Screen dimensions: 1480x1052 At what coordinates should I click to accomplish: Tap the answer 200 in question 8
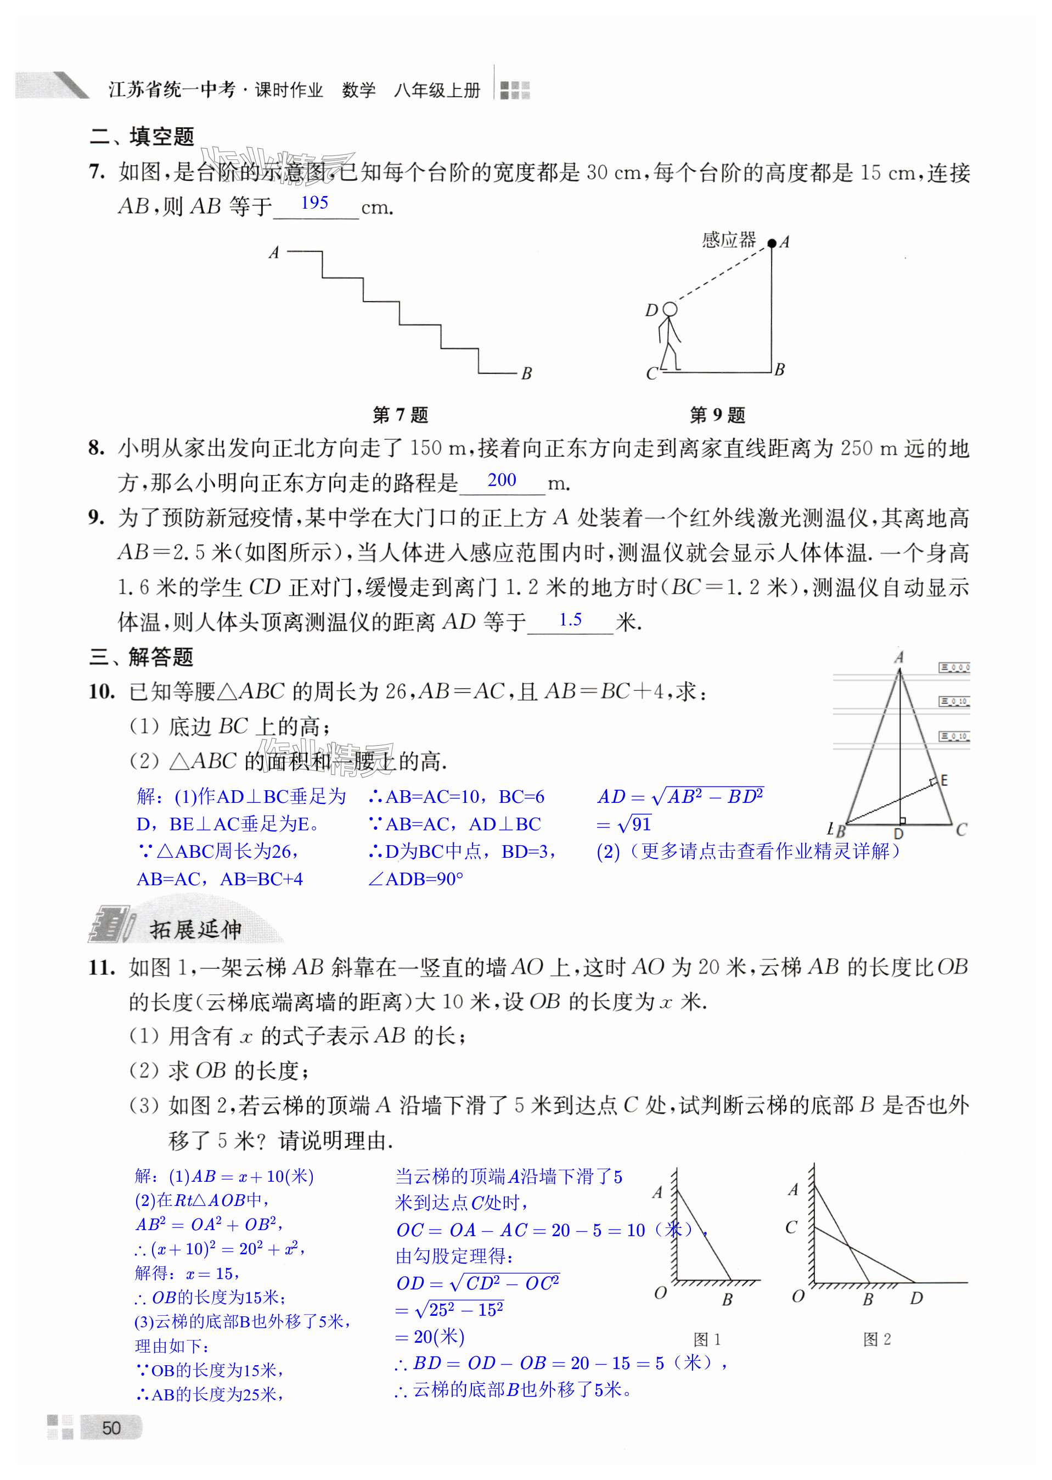pos(502,481)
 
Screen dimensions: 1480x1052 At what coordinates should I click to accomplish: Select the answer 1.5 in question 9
pos(570,620)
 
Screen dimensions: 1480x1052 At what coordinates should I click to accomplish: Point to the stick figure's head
pos(671,309)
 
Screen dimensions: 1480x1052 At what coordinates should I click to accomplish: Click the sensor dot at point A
pos(772,244)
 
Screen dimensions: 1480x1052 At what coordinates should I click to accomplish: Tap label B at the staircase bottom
pos(527,373)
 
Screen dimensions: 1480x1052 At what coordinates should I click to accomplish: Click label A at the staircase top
pos(274,252)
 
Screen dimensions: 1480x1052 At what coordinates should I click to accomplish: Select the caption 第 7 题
pos(400,415)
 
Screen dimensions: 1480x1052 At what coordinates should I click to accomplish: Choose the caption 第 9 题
pos(717,415)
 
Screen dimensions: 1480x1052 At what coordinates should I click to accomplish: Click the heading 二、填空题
pos(142,137)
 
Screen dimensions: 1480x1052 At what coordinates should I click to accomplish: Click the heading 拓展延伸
pos(195,930)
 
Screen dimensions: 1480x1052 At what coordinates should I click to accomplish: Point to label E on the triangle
pos(944,780)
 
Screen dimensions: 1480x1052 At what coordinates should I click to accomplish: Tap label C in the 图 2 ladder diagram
pos(791,1227)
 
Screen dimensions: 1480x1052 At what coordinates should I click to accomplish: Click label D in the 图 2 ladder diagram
pos(916,1298)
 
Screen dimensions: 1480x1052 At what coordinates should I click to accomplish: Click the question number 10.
pos(102,692)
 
